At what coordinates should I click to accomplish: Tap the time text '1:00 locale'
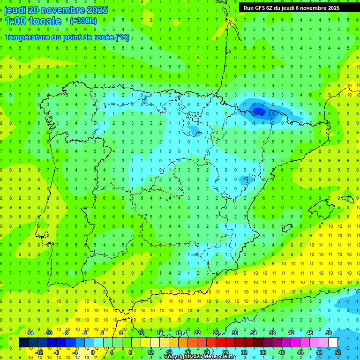coord(33,21)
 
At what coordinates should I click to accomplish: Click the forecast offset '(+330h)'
coord(83,21)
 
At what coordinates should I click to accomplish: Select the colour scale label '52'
coord(338,352)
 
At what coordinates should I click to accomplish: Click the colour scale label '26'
coord(216,333)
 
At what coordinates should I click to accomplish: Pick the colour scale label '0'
coord(93,352)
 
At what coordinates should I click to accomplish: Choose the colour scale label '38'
coord(272,333)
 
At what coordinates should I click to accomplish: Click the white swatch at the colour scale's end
coord(333,343)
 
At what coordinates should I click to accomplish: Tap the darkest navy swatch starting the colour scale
coord(24,343)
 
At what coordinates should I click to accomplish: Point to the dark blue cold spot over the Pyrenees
coord(258,111)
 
